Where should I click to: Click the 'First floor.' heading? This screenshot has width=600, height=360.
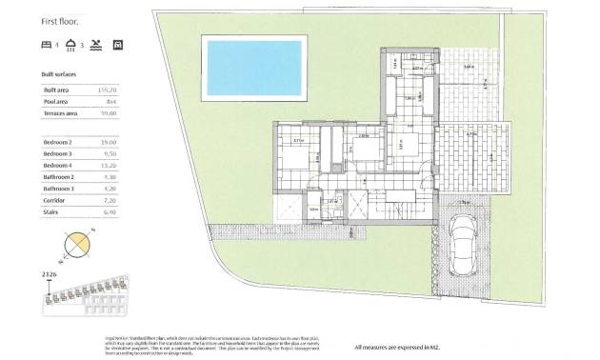(x=59, y=17)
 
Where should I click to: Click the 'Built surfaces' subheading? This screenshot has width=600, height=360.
(x=63, y=72)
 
